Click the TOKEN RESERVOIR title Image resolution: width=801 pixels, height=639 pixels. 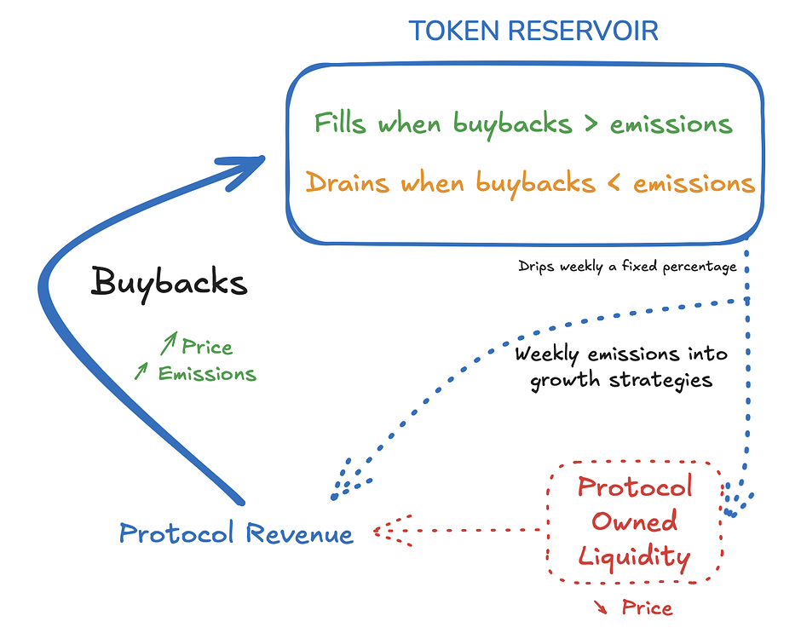pos(533,31)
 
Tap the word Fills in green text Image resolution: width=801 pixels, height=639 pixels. pos(340,123)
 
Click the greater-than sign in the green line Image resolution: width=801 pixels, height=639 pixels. pos(591,124)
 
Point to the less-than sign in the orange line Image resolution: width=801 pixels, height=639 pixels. pos(614,183)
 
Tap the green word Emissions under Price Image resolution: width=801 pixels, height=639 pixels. pos(207,374)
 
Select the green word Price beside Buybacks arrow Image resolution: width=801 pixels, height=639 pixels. pos(207,348)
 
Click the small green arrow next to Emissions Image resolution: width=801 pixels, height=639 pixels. pos(141,371)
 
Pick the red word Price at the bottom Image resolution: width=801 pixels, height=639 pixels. pos(647,607)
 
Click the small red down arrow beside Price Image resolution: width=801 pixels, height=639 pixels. pos(601,607)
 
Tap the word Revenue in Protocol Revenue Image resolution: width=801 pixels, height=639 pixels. pos(299,533)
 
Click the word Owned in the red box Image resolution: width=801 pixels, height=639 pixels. pos(635,521)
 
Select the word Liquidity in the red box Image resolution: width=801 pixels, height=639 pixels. pos(635,556)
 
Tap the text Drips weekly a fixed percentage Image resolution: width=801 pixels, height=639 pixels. pos(627,267)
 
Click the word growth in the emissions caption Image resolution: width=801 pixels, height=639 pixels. pos(564,381)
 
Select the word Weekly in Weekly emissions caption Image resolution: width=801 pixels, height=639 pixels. pos(546,354)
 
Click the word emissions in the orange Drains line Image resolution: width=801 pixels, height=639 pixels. pos(694,183)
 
